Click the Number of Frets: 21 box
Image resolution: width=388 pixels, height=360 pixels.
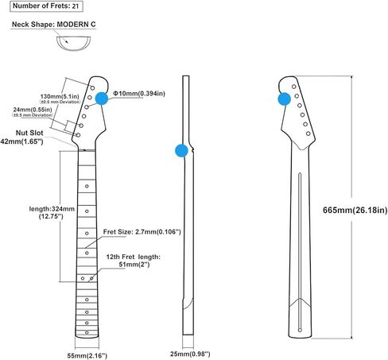(x=46, y=6)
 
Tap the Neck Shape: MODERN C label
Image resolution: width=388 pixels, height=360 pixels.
(x=53, y=25)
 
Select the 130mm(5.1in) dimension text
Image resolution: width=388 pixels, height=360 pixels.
(x=60, y=96)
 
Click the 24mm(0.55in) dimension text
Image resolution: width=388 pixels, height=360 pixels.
(x=33, y=110)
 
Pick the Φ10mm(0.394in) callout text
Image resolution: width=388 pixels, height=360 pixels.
(x=139, y=94)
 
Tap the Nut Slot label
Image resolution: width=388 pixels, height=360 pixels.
(x=29, y=133)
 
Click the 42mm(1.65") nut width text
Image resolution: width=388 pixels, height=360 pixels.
(x=21, y=141)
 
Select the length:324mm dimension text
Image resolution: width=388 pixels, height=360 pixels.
(x=52, y=209)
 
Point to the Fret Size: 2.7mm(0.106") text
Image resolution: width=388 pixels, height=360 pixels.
(x=142, y=232)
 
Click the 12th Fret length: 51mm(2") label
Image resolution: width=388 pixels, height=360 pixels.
(x=134, y=261)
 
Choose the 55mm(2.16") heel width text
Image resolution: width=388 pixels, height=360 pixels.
(x=87, y=355)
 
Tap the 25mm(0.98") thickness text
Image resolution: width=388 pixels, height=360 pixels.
(x=190, y=354)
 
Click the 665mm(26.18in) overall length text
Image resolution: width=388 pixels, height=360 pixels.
(x=355, y=211)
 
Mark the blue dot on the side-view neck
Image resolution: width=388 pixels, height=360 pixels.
(x=182, y=150)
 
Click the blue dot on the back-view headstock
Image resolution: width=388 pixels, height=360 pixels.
(x=285, y=99)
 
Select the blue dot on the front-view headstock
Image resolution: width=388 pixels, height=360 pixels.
(x=102, y=99)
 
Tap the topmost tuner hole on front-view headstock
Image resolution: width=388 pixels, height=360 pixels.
(x=92, y=87)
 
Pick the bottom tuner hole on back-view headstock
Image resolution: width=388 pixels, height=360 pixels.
(x=308, y=134)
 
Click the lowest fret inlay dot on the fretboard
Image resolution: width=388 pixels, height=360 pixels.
(x=87, y=332)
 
